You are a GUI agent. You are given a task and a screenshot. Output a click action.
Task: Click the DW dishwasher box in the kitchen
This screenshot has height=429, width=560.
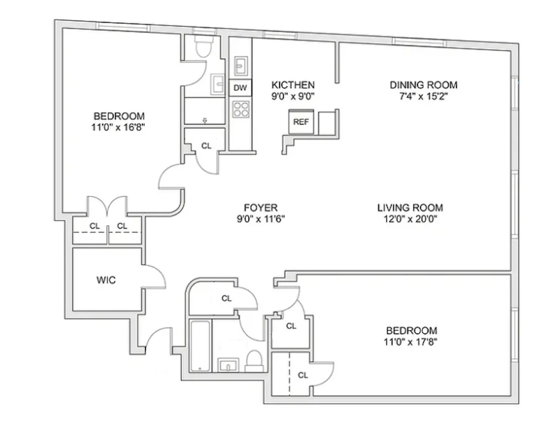point(240,88)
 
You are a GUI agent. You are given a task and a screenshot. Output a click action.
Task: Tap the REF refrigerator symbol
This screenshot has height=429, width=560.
point(301,122)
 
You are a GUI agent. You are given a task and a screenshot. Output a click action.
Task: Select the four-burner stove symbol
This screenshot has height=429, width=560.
point(241,109)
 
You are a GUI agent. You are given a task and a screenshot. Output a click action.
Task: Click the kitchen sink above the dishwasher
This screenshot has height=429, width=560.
point(241,65)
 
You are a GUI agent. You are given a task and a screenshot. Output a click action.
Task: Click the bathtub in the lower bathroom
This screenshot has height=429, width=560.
point(200,346)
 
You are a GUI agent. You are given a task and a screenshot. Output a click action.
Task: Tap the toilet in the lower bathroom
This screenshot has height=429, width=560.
point(254,361)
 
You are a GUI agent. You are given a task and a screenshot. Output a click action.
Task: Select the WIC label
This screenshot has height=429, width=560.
point(106,280)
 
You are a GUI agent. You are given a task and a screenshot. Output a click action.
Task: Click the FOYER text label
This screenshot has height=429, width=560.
point(261,208)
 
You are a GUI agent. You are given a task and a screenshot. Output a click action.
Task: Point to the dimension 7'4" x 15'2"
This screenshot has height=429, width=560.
point(423,96)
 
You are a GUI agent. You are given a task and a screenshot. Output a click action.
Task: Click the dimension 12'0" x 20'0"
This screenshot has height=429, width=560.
point(410,219)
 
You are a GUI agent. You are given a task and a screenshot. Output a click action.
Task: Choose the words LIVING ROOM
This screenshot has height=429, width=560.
point(410,208)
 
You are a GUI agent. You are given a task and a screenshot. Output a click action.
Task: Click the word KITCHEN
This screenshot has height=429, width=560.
point(293,85)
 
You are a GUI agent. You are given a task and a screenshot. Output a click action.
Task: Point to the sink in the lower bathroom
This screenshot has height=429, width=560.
point(228,366)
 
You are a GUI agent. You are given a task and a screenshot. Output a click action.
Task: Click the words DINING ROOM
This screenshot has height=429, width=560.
point(423,85)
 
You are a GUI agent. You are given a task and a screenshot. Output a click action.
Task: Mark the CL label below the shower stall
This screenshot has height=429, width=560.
point(206,146)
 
